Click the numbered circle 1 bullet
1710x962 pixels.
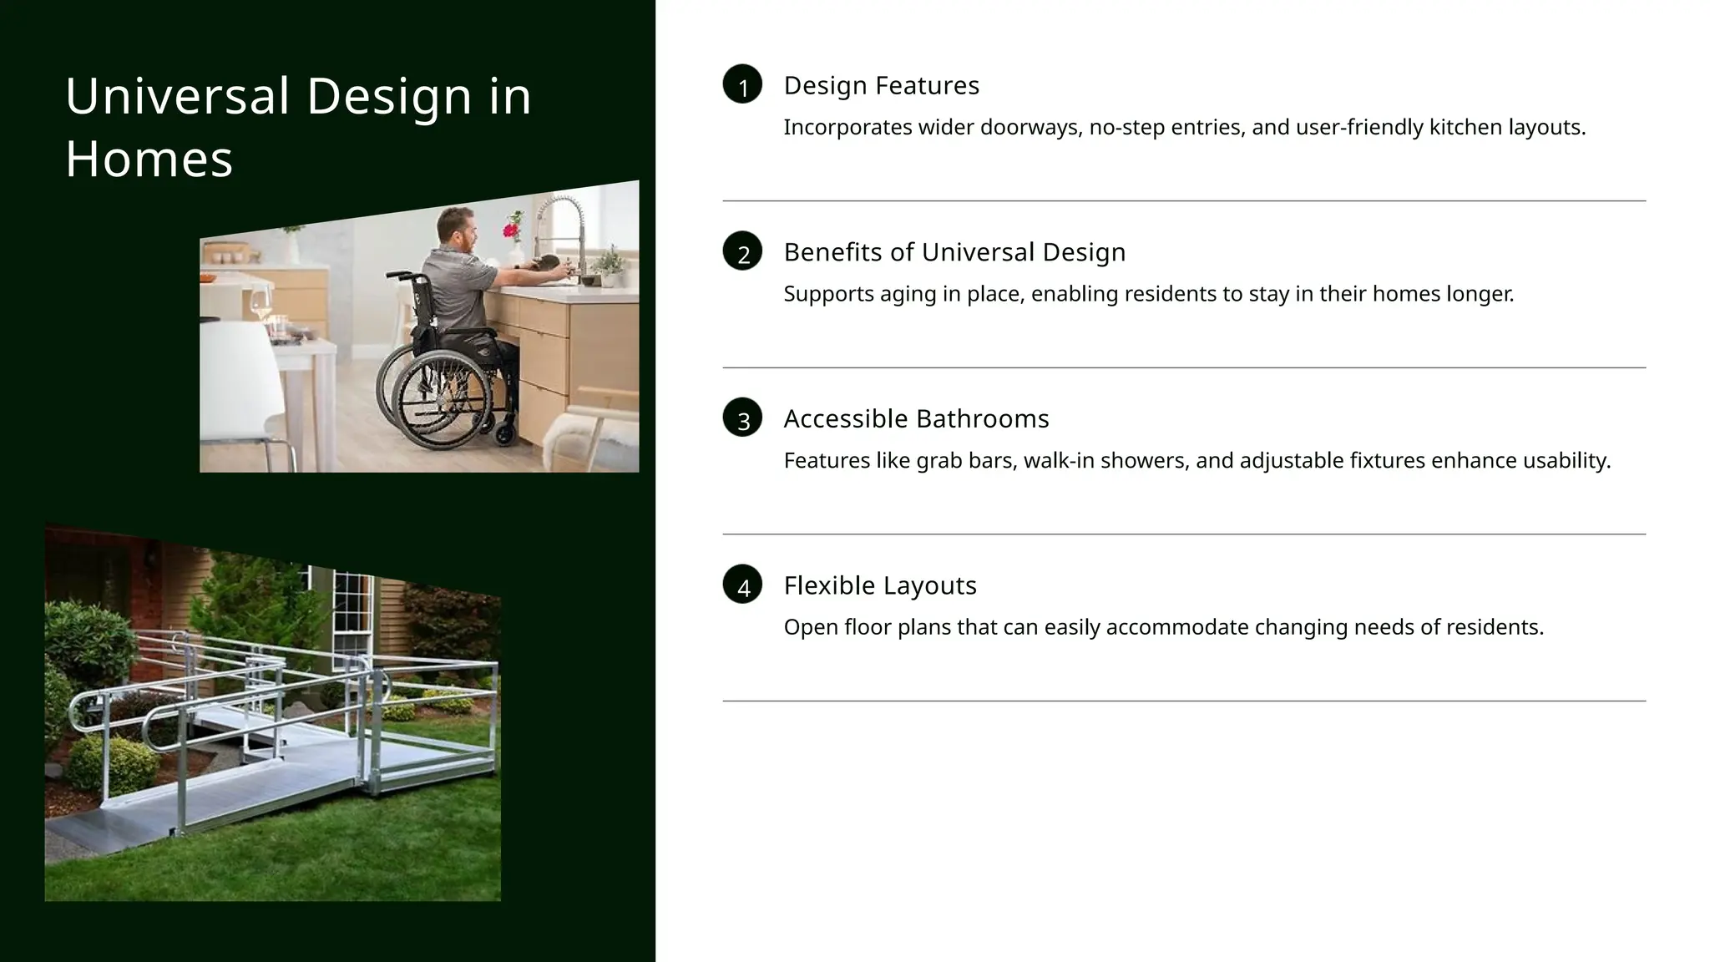click(742, 84)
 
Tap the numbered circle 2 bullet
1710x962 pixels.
click(742, 251)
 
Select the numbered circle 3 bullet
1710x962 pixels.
click(742, 418)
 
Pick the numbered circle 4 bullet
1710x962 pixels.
click(742, 585)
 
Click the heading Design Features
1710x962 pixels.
click(881, 85)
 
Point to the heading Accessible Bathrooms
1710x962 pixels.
click(916, 418)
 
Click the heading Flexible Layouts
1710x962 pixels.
click(879, 585)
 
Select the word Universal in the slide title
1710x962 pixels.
click(177, 96)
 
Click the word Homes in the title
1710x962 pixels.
click(149, 159)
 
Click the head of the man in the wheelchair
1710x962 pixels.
click(456, 228)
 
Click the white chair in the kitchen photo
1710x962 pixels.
click(242, 392)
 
